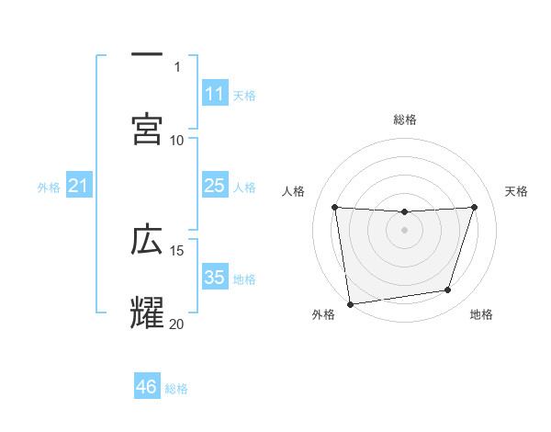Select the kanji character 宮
[147, 130]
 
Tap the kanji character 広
[147, 240]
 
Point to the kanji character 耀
[147, 313]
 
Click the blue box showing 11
[215, 93]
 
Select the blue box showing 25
[215, 186]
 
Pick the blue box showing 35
[215, 278]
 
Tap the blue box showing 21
[79, 187]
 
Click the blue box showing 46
[147, 387]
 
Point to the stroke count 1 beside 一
[177, 67]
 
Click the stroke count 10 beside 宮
[177, 141]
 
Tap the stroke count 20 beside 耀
[177, 324]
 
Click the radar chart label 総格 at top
[405, 120]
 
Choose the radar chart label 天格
[517, 191]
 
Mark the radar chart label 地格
[481, 315]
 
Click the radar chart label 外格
[323, 315]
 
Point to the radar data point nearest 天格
[475, 207]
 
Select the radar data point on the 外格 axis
[350, 303]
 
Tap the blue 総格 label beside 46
[177, 389]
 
